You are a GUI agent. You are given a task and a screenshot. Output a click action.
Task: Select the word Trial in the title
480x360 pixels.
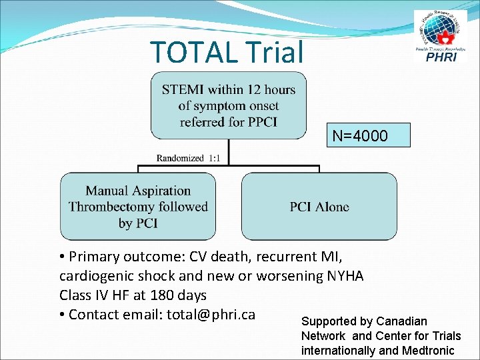click(275, 52)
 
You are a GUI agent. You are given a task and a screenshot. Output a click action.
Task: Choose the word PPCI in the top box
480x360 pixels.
click(262, 122)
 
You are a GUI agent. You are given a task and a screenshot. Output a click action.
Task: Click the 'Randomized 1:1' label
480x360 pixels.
click(192, 158)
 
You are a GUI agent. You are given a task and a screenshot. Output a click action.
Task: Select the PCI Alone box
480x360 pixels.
click(319, 207)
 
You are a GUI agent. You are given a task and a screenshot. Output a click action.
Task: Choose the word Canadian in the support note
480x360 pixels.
click(402, 321)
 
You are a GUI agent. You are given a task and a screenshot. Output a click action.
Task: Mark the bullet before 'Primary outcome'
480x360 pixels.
click(62, 257)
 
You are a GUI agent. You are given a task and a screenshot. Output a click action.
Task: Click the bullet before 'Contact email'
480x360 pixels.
click(62, 315)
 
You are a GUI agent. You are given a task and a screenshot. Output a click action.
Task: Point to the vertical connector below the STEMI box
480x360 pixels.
click(229, 151)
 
